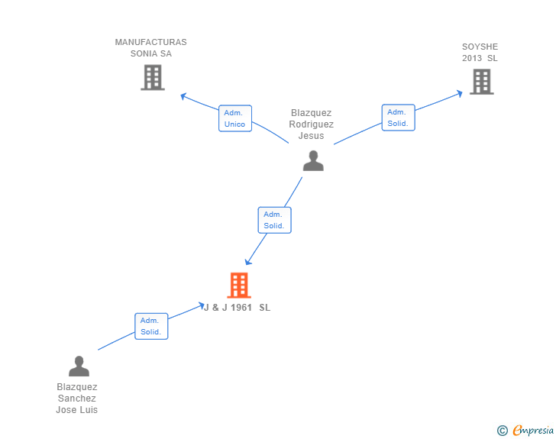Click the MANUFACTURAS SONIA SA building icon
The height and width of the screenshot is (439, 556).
[x=153, y=77]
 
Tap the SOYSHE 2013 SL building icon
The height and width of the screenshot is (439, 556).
[x=481, y=82]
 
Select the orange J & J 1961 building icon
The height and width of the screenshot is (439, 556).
[x=239, y=285]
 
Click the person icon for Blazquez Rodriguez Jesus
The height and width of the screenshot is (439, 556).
[x=313, y=160]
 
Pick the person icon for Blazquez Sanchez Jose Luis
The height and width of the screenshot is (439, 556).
[x=79, y=366]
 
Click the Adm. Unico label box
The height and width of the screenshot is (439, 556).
[x=235, y=118]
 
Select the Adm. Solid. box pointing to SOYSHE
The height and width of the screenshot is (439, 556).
[x=398, y=118]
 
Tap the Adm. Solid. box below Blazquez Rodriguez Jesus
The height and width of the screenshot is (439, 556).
[x=274, y=220]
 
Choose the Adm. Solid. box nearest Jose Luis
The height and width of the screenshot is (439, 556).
[x=151, y=326]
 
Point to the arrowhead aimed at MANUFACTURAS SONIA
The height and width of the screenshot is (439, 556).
[x=183, y=96]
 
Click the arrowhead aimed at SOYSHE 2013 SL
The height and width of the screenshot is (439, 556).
[x=460, y=93]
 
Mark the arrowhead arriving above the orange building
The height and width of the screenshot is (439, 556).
[x=248, y=262]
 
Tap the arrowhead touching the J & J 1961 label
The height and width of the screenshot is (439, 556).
[x=201, y=305]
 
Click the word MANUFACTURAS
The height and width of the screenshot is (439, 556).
[x=150, y=42]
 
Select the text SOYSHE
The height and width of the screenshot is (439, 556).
[x=480, y=47]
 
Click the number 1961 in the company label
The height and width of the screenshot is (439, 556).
[x=241, y=308]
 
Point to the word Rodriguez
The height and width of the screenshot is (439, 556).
[x=311, y=124]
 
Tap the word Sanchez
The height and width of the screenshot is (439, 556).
[x=77, y=399]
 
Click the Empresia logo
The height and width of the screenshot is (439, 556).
[x=533, y=431]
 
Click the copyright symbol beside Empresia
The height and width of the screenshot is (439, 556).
[x=502, y=431]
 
